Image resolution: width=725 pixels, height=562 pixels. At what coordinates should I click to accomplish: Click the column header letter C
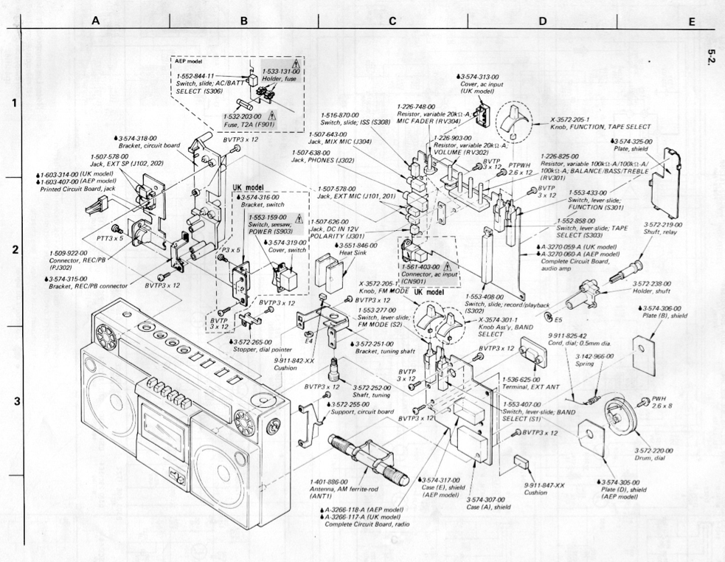(x=392, y=21)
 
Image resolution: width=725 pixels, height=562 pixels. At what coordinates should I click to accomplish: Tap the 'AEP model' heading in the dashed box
(x=190, y=60)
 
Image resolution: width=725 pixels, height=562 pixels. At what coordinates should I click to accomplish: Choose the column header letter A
(x=95, y=21)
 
